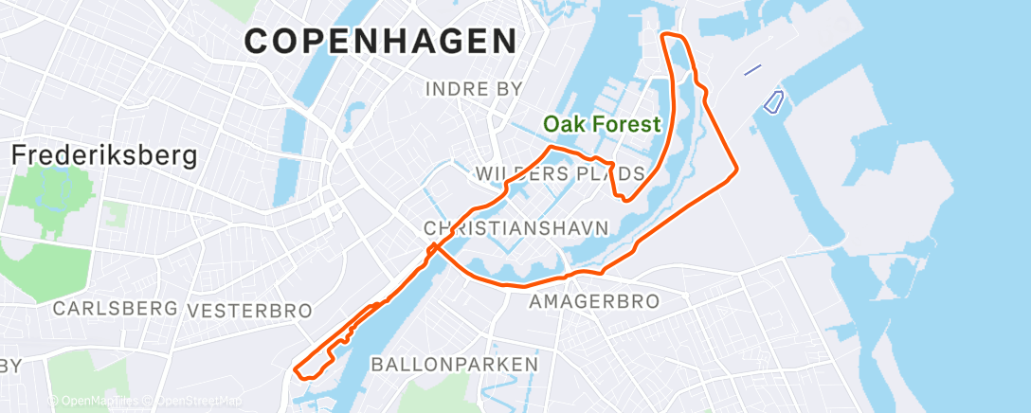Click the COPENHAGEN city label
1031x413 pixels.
tap(381, 41)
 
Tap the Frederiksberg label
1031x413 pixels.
tap(104, 155)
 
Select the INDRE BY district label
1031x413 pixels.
tap(474, 89)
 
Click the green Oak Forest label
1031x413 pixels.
tap(601, 123)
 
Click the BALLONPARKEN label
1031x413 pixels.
tap(454, 364)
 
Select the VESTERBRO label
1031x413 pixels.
tap(250, 311)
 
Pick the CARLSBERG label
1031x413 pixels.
tap(116, 309)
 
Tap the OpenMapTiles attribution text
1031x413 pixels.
tap(95, 401)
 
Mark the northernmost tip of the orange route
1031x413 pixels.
tap(671, 35)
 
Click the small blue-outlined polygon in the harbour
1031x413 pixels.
tap(773, 100)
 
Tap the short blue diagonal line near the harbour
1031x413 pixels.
tap(752, 70)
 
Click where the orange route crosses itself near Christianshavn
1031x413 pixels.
tap(434, 249)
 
